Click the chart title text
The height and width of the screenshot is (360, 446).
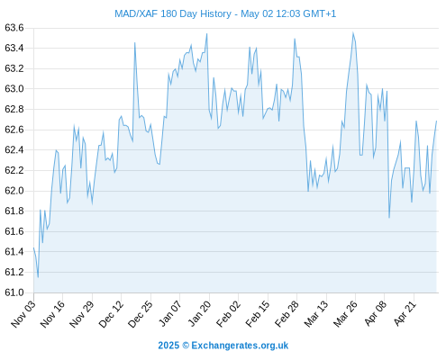tap(225, 13)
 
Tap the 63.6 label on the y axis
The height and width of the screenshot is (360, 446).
tap(14, 28)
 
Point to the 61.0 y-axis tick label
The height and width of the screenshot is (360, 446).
tap(14, 292)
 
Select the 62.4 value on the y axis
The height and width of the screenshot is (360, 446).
tap(14, 150)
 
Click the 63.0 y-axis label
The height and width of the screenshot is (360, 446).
tap(14, 89)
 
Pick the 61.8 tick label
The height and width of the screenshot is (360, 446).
tap(14, 211)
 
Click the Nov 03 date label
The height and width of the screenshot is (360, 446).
tap(23, 314)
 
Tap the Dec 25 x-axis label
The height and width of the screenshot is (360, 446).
tap(141, 314)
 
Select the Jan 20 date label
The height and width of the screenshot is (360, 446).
tap(199, 314)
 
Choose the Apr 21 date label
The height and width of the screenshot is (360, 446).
tap(405, 314)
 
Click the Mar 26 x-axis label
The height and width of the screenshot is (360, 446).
tap(346, 314)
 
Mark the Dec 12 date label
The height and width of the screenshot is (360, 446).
tap(111, 314)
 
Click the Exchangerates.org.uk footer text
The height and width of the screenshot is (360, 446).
tap(240, 346)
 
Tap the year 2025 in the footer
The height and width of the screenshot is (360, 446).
tap(168, 346)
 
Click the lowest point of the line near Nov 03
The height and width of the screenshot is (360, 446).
tap(38, 277)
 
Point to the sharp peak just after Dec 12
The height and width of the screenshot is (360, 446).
tap(135, 42)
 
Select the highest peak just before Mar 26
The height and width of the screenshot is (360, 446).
tap(353, 32)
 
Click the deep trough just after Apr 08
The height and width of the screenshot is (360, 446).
tap(389, 218)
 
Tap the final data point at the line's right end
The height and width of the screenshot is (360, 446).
tap(436, 121)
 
